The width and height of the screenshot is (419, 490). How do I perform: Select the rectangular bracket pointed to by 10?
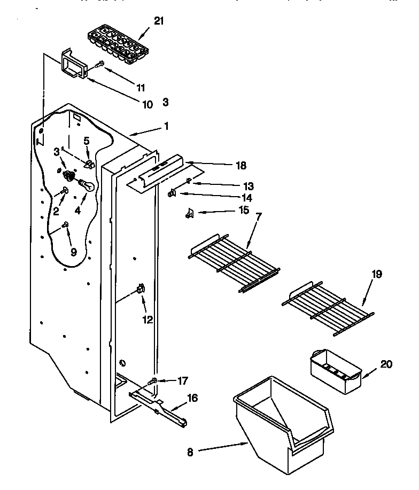click(74, 65)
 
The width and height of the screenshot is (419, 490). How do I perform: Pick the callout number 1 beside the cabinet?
click(166, 127)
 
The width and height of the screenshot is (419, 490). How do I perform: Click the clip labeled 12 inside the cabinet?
click(140, 289)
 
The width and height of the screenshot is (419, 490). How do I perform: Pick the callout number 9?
click(74, 251)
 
